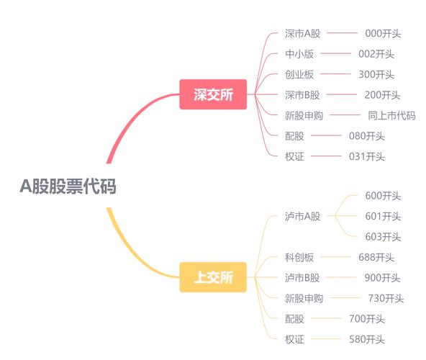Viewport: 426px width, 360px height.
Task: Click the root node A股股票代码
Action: coord(68,186)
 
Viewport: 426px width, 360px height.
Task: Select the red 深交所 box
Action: coord(213,94)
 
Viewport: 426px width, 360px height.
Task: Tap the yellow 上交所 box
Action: coord(213,278)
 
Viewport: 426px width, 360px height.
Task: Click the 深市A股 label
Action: coord(302,33)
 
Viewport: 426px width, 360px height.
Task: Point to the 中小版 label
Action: coord(299,54)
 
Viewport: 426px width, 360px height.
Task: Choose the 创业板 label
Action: coord(299,74)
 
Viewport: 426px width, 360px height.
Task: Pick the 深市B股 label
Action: coord(302,94)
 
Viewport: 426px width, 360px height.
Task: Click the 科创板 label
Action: coord(299,257)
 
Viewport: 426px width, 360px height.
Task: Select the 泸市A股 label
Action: coord(302,216)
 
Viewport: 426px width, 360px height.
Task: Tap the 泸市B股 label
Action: coord(302,278)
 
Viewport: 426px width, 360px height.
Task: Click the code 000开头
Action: coord(384,33)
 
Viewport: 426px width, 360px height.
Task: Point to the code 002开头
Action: coord(376,54)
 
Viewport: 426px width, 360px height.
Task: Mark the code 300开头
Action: coord(376,74)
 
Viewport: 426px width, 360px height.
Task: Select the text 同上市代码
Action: coord(391,115)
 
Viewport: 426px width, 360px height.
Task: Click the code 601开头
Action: coord(384,216)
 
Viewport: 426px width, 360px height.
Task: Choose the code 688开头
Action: coord(376,257)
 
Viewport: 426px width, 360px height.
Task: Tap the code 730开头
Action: coord(386,298)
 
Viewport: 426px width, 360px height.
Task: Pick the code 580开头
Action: coord(367,339)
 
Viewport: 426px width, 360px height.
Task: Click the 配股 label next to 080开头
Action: coord(294,135)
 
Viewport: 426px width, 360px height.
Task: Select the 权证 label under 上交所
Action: coord(294,339)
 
